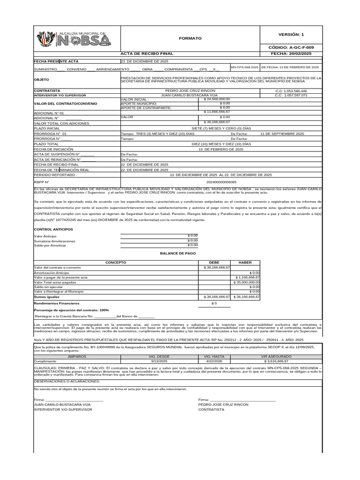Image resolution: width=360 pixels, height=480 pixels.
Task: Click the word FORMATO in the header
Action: click(190, 38)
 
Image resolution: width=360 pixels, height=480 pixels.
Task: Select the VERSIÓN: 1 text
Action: click(291, 34)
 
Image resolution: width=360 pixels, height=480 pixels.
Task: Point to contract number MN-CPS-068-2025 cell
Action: click(244, 67)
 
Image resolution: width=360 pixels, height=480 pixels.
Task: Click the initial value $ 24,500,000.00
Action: click(217, 99)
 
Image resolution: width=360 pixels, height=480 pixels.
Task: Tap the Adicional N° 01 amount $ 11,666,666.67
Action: click(217, 112)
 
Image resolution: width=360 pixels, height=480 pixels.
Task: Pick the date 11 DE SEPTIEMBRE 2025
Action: click(282, 134)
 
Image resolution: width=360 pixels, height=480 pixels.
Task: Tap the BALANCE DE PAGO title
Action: click(178, 253)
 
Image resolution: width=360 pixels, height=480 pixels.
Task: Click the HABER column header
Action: click(245, 262)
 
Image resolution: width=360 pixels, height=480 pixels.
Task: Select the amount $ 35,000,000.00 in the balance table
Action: click(247, 282)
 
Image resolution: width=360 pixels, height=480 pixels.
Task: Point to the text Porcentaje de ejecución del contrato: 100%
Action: click(72, 310)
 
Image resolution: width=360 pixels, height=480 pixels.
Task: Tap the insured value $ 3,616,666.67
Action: click(276, 361)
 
